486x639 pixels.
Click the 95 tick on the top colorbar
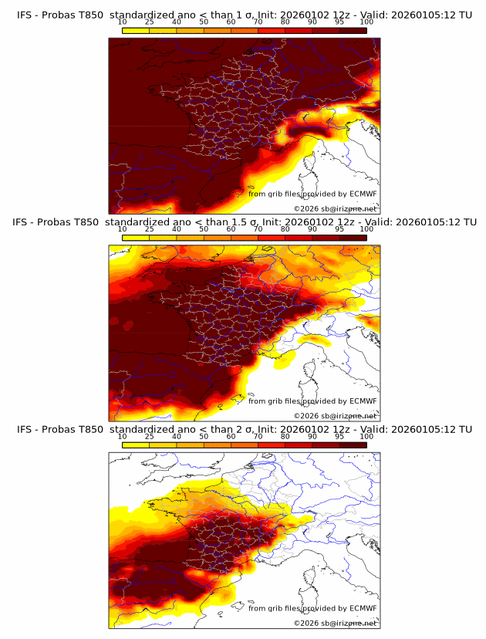tap(339, 22)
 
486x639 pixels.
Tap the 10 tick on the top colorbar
tap(123, 22)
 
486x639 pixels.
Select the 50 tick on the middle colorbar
tap(204, 228)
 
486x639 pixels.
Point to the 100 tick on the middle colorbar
tap(366, 228)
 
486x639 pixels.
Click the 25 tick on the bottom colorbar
tap(150, 436)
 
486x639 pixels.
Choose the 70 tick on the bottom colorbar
tap(258, 436)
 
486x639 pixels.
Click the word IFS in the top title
tap(26, 14)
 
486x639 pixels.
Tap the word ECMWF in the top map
tap(363, 194)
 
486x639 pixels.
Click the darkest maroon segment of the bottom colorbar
tap(353, 445)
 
